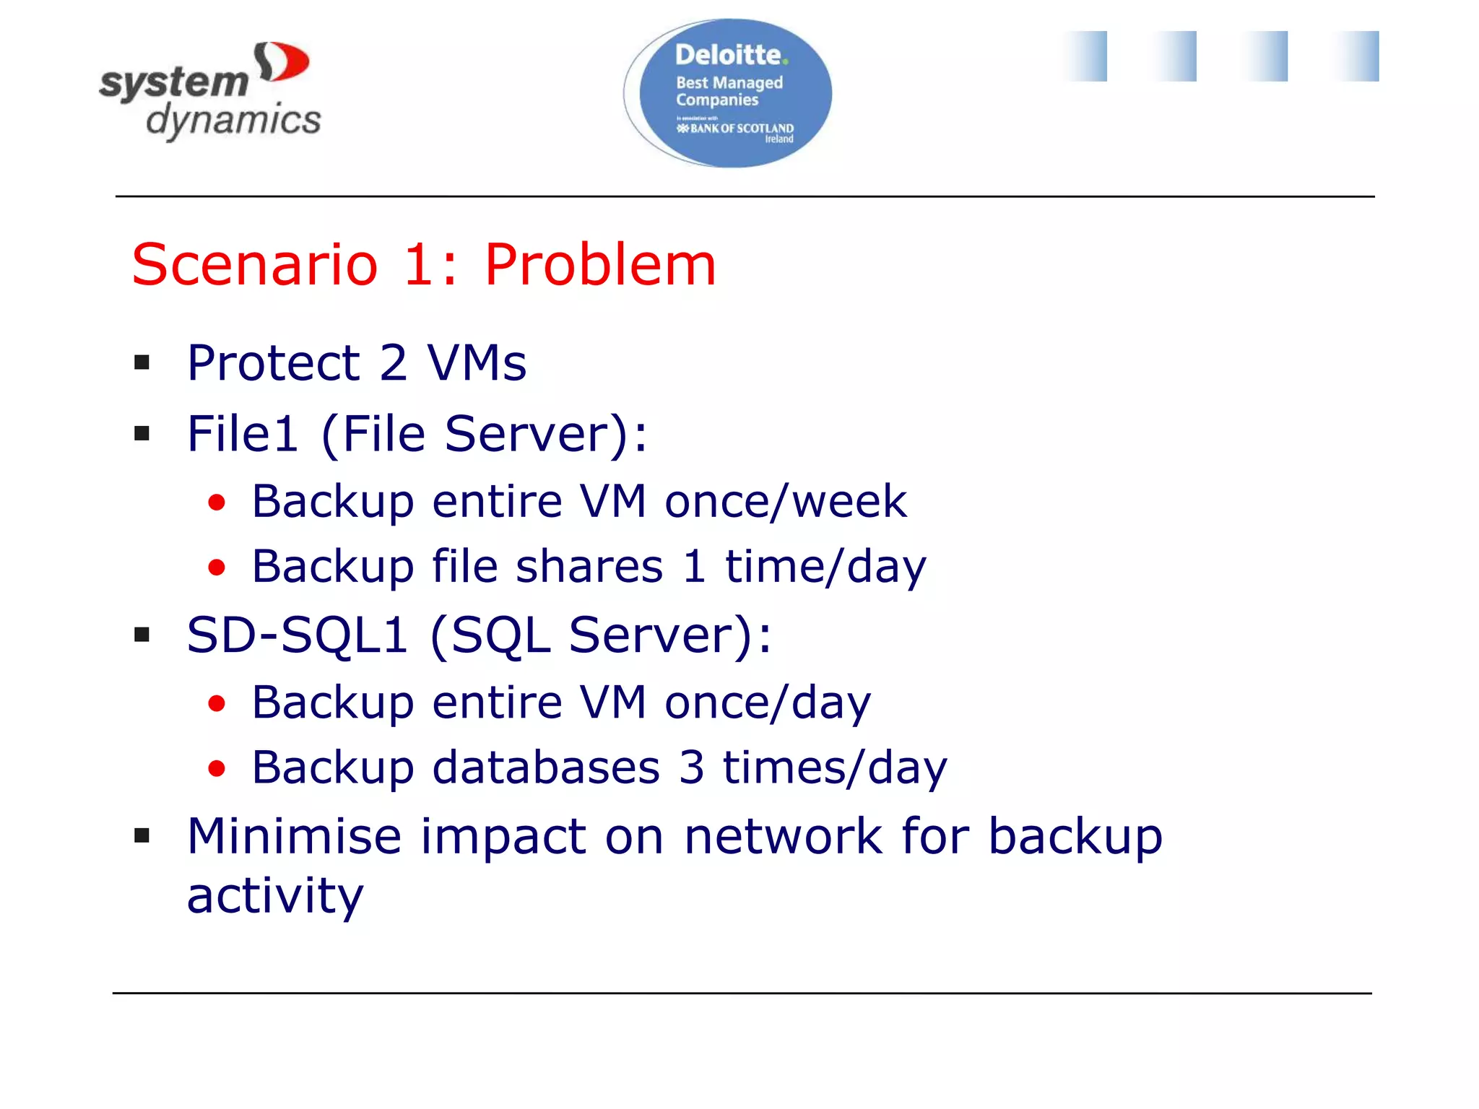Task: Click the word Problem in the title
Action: (x=599, y=265)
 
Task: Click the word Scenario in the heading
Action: (x=254, y=265)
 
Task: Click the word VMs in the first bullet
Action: (x=477, y=362)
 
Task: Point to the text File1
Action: (x=243, y=434)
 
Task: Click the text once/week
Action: (x=785, y=501)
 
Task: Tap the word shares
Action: (x=589, y=566)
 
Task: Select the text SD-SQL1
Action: (x=297, y=635)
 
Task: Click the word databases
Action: (x=546, y=767)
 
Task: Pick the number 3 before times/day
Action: (x=691, y=767)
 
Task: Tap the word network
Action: (x=783, y=836)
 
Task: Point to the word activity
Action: (x=274, y=896)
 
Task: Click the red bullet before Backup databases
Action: (x=217, y=768)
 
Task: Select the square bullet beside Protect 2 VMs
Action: (x=142, y=362)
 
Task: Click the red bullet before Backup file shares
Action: (x=217, y=567)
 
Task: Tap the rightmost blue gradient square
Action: (x=1358, y=56)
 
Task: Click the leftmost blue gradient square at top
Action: (x=1085, y=56)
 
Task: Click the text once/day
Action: (x=768, y=703)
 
